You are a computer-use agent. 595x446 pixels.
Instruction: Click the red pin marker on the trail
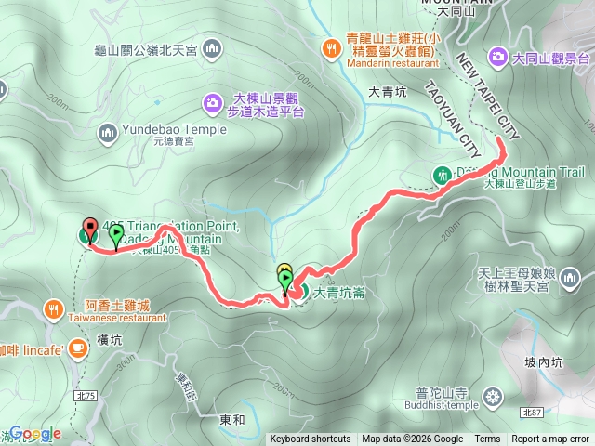90,229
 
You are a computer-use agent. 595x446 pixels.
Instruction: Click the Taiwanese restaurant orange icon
54,308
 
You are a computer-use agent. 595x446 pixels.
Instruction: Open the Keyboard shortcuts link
311,439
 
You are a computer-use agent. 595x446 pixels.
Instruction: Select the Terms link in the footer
487,439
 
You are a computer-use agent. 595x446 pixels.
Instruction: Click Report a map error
551,439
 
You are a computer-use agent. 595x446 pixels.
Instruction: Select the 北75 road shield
86,370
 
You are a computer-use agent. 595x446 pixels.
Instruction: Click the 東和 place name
232,421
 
